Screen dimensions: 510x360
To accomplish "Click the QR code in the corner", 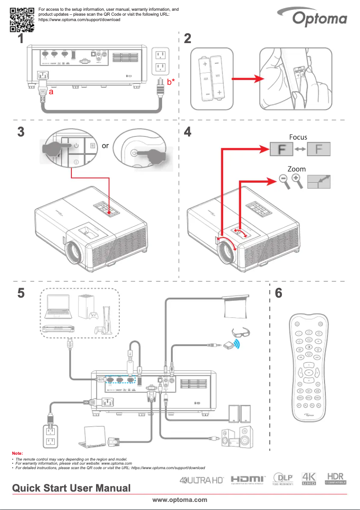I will tap(22, 19).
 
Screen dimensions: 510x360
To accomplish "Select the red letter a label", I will tap(51, 91).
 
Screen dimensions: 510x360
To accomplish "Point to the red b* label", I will tap(171, 82).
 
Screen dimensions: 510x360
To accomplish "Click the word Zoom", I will tap(297, 169).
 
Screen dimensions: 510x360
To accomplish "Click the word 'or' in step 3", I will tap(105, 146).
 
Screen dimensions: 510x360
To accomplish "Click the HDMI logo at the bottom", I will tap(248, 480).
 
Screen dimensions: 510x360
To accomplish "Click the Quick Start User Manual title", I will tap(71, 488).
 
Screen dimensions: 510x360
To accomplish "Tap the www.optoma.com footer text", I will tap(180, 500).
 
